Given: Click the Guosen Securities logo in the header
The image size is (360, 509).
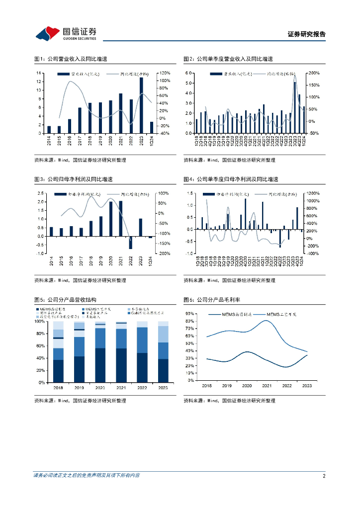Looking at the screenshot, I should [x=66, y=33].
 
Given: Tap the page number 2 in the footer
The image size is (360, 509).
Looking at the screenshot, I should [x=324, y=476].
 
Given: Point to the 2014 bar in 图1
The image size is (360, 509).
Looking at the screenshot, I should [x=49, y=130].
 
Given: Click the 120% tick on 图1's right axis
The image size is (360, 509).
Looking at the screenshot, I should [x=165, y=73].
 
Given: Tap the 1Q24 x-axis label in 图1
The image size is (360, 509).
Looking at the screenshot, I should [x=152, y=141].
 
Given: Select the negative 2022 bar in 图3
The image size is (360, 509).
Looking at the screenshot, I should [x=131, y=242].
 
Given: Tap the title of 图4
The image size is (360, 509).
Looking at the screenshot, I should [x=230, y=179].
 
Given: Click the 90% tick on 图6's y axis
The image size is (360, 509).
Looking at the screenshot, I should [x=189, y=314].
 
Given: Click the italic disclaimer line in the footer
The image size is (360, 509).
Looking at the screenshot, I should [x=86, y=476].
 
